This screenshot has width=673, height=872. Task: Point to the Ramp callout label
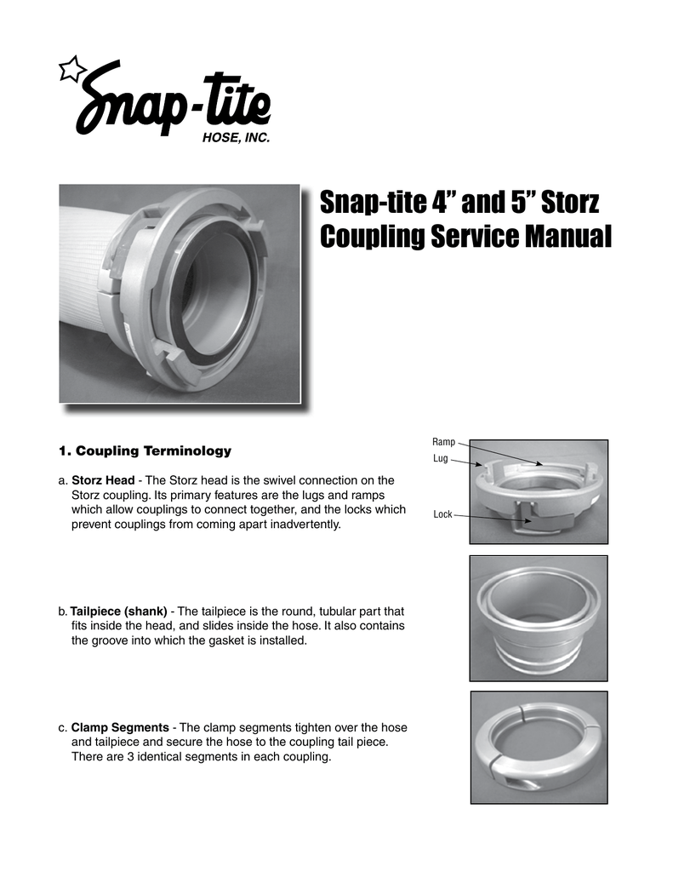[443, 442]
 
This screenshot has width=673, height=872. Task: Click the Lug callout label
[440, 459]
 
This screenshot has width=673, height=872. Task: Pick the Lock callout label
[442, 514]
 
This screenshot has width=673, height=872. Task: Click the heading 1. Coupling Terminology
[144, 450]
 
